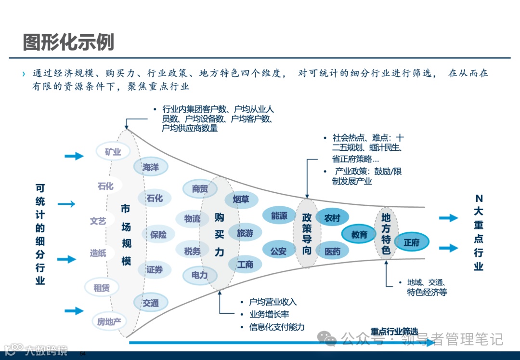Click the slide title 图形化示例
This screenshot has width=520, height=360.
(68, 42)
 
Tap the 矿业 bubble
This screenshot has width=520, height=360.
(113, 152)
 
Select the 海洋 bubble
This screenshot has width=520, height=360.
(151, 167)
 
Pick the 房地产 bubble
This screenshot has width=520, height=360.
(109, 321)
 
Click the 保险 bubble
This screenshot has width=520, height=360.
(158, 235)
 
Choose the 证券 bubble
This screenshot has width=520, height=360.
(155, 270)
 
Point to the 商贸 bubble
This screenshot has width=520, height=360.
(200, 189)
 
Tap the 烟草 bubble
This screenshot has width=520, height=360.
(241, 200)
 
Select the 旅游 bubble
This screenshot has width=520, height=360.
(245, 233)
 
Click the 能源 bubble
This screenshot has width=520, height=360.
(279, 216)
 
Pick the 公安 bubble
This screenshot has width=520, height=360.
(278, 251)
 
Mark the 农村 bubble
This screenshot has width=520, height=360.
(332, 218)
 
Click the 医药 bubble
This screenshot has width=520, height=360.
(332, 251)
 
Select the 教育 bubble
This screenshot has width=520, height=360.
(359, 235)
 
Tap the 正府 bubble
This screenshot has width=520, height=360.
(412, 242)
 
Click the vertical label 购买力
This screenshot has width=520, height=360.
(220, 235)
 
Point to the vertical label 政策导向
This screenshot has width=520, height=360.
(307, 233)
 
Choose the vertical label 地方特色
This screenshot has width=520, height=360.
(386, 234)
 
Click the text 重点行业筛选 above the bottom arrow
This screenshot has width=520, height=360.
(394, 332)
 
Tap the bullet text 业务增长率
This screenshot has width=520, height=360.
(269, 314)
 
